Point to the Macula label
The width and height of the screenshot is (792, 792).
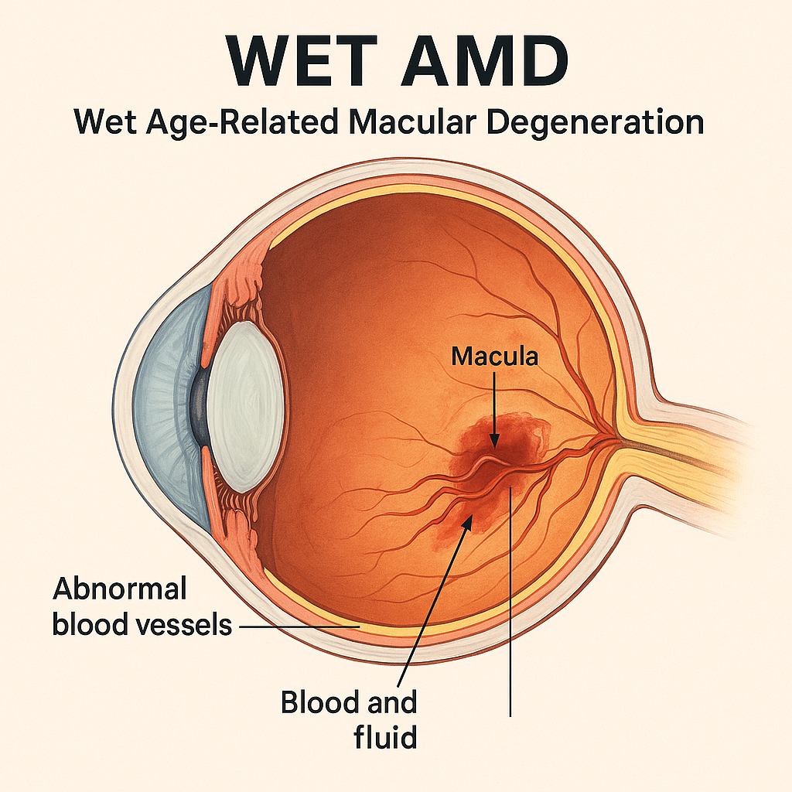tap(494, 357)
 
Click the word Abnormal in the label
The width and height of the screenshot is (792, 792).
tap(120, 589)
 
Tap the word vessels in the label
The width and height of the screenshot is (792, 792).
tap(183, 624)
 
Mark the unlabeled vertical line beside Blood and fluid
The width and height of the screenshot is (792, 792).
tap(511, 619)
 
